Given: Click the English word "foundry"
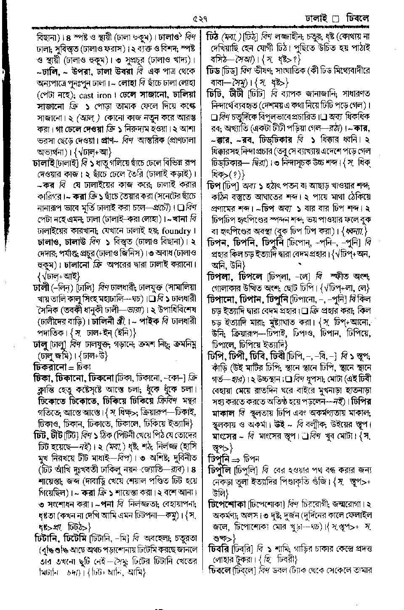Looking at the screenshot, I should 180,231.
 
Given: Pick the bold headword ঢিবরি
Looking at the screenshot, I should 221,549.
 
